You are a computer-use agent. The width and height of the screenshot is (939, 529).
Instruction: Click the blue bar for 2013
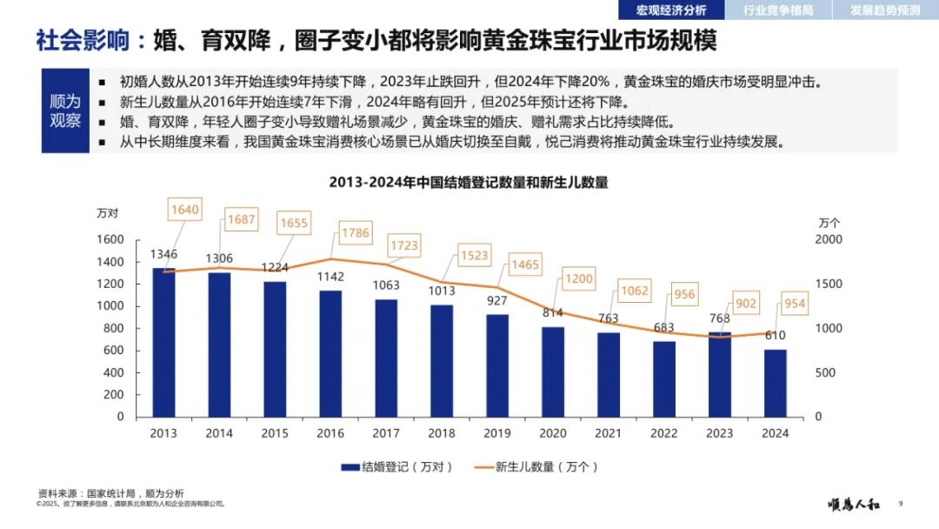click(163, 342)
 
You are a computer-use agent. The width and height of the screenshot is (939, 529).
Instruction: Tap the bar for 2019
click(497, 365)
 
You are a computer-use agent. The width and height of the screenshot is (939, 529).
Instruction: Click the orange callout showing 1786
click(354, 232)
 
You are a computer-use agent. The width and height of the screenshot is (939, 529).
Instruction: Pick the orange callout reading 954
click(794, 304)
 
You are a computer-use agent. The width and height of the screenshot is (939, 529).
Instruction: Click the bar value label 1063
click(386, 285)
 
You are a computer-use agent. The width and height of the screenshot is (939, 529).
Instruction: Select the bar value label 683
click(664, 327)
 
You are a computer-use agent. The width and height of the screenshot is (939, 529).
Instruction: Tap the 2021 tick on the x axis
click(609, 433)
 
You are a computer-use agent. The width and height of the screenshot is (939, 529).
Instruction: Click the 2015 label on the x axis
click(275, 433)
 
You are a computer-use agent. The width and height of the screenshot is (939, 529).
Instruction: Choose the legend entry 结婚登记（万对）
click(397, 467)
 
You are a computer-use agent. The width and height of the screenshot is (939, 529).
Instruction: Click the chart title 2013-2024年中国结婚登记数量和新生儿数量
click(468, 183)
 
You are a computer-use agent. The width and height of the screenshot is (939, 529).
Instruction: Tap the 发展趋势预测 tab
click(885, 10)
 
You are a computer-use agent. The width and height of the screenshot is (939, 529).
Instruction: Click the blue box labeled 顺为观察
click(65, 110)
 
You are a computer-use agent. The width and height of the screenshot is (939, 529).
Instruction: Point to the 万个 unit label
click(829, 223)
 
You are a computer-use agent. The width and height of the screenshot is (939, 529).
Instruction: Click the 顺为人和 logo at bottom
click(855, 504)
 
